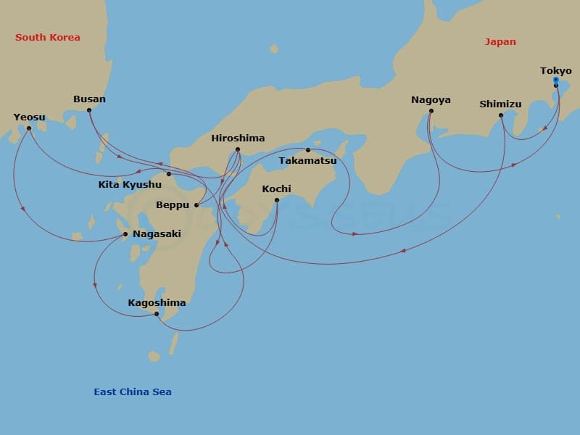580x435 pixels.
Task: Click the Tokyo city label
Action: [x=555, y=71]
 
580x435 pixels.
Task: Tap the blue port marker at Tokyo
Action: [x=555, y=80]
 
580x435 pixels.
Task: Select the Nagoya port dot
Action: [x=431, y=112]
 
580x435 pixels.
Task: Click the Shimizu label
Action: [x=500, y=104]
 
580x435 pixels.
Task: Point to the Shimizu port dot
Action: [x=501, y=115]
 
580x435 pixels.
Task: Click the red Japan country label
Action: [x=500, y=42]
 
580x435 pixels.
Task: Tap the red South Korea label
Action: [x=48, y=38]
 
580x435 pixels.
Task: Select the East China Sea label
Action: [x=133, y=392]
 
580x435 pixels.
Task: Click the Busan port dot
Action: [x=89, y=110]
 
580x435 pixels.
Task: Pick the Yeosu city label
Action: [x=29, y=117]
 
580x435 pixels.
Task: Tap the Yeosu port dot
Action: [x=29, y=128]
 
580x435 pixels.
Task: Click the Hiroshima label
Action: [x=238, y=138]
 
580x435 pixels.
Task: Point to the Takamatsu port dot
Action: [x=308, y=150]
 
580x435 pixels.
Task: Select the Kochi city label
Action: [x=276, y=189]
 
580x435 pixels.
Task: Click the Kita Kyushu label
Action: [x=130, y=185]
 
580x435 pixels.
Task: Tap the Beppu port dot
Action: [x=196, y=205]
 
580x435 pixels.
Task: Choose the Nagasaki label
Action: [x=157, y=234]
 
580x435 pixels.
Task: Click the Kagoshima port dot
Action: [x=157, y=314]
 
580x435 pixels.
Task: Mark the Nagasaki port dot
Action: [x=125, y=234]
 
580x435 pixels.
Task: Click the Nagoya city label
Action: [x=431, y=100]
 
